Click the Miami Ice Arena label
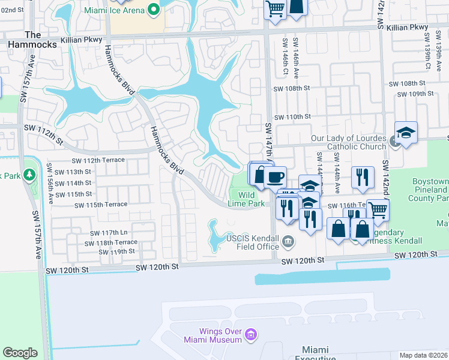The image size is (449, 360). (x=122, y=10)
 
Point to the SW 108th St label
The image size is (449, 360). (x=291, y=88)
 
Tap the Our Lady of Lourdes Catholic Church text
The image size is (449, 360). (x=348, y=142)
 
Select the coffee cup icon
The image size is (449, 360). (x=275, y=177)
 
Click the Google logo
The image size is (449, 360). (x=20, y=353)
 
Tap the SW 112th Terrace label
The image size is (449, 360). (x=98, y=160)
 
